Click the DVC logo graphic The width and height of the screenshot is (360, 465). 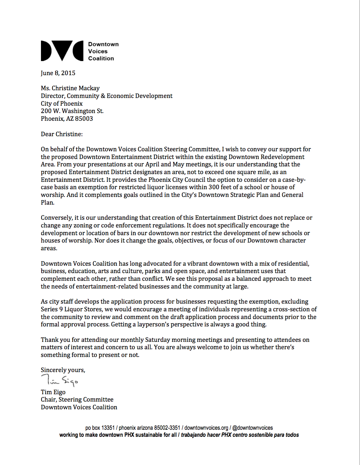point(62,51)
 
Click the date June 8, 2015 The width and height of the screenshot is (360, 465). point(58,73)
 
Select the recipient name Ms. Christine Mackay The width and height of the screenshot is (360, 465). point(70,88)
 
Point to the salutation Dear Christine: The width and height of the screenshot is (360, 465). point(62,134)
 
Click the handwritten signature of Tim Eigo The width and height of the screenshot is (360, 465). point(59,380)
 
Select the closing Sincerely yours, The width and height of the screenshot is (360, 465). point(63,370)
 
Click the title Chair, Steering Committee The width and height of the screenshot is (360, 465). point(77,400)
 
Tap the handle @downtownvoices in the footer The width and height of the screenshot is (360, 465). point(253,428)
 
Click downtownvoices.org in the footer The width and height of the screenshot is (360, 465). point(206,428)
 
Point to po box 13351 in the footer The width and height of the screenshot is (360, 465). point(100,428)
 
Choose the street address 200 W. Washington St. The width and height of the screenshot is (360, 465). point(72,111)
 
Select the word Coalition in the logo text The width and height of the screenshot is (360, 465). point(101,58)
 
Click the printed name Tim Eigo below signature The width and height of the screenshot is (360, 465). point(53,392)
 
